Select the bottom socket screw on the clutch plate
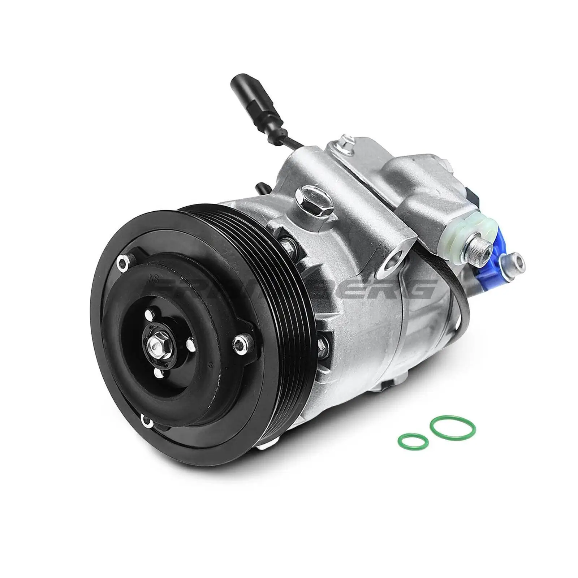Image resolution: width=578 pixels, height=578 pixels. pos(146,419)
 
